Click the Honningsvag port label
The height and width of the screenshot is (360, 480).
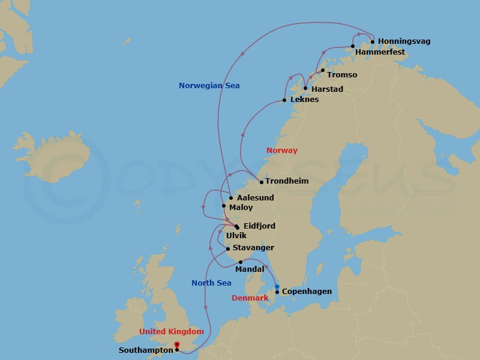point(404,41)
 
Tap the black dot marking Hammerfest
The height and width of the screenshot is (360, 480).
point(353,46)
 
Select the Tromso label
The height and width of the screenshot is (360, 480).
point(343,75)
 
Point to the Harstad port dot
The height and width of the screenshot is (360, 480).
point(305,89)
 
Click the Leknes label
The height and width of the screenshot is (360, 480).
point(304,100)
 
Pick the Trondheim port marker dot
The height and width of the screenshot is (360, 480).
point(262,182)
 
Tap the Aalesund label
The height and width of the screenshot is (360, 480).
point(255,198)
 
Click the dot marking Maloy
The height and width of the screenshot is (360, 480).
point(224,206)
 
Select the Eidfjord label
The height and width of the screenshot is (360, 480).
point(260,226)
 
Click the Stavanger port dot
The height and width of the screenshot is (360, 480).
point(228,248)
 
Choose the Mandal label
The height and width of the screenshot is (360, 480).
point(250,269)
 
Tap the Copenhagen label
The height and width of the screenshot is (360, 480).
point(307,292)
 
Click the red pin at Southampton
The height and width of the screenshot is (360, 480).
point(176,344)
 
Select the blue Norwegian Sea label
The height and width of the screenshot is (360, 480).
point(209,86)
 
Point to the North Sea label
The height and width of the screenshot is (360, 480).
point(211,283)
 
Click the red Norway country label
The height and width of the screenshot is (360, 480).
point(282,151)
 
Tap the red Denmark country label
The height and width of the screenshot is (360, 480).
point(250,298)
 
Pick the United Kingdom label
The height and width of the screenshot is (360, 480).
point(172,332)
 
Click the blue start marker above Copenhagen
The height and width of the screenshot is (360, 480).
point(277,286)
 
